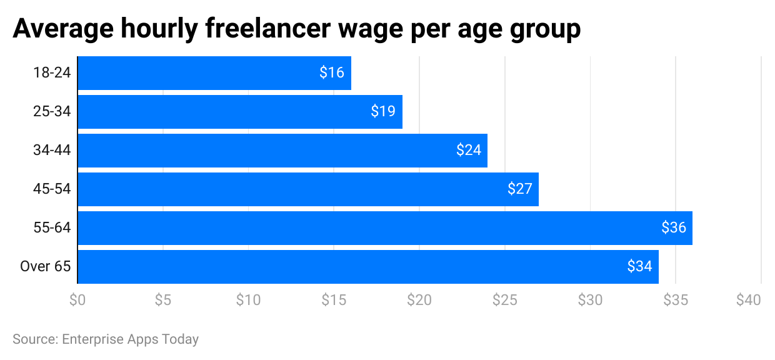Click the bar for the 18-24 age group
(x=214, y=73)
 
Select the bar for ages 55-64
(x=384, y=228)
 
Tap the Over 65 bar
(x=367, y=267)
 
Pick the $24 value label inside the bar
(x=469, y=151)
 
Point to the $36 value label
(x=674, y=228)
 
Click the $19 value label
(x=383, y=112)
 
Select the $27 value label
(x=520, y=189)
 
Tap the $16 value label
(x=332, y=73)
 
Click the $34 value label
(x=640, y=267)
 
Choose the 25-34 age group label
(x=52, y=112)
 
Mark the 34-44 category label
(x=52, y=151)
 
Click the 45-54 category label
(x=52, y=189)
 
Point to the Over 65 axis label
(x=46, y=267)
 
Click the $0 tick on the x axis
(x=77, y=301)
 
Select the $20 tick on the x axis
(x=419, y=301)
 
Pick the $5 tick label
(x=162, y=301)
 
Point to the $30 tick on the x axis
(x=590, y=301)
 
